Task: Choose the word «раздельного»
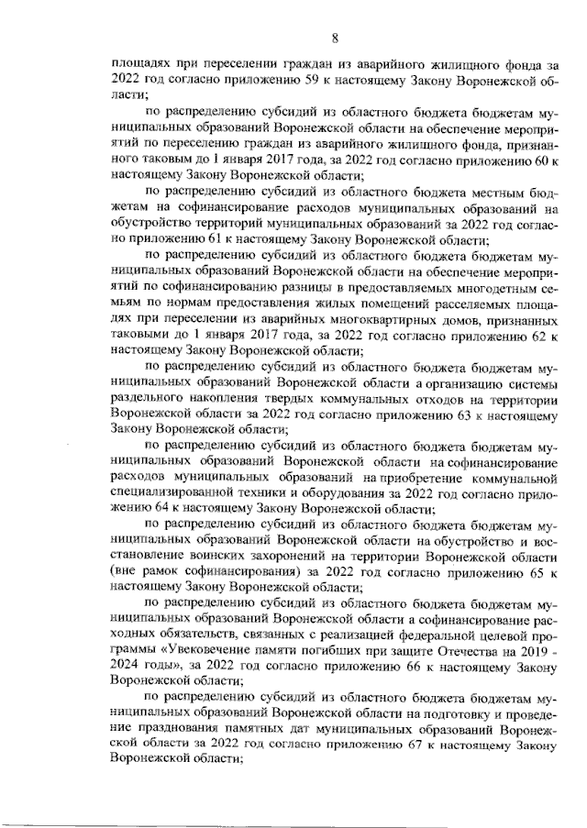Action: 150,398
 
